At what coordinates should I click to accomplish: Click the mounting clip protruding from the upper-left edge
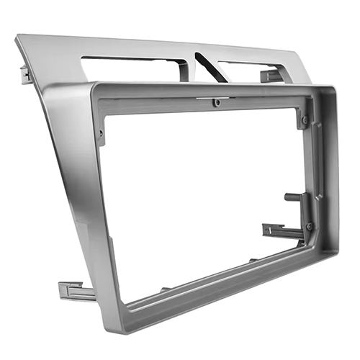click(26, 73)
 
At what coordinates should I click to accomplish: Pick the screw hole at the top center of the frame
click(216, 103)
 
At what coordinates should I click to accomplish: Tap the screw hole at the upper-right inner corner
click(305, 120)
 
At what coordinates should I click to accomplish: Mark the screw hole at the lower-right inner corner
click(310, 227)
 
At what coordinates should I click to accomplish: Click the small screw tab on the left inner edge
click(102, 135)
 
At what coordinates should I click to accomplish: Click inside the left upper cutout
click(133, 68)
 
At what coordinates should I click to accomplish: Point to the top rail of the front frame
click(209, 92)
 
